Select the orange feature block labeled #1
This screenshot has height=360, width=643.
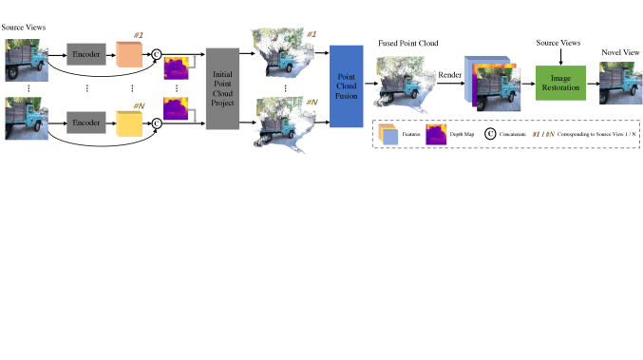coord(129,55)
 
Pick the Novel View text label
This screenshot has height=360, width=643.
coord(616,52)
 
